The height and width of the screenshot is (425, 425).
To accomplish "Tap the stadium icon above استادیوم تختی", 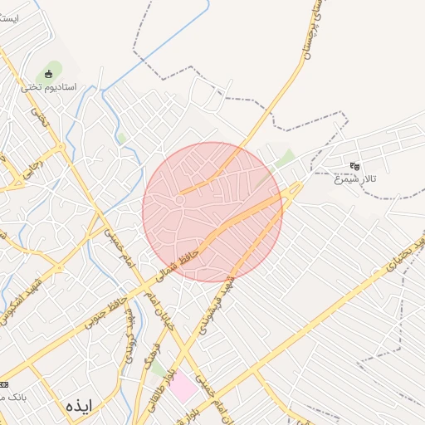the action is click(48, 74).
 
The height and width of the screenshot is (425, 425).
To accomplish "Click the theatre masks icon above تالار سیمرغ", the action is click(355, 166).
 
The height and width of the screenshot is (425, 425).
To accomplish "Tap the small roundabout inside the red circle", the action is click(179, 199).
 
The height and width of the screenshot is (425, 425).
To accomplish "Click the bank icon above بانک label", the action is click(3, 384).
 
